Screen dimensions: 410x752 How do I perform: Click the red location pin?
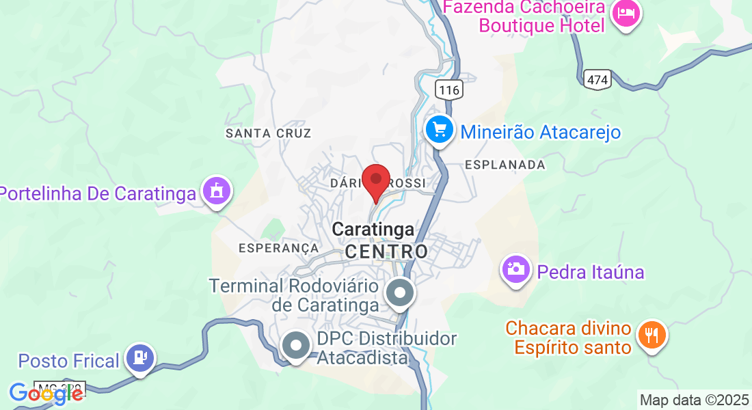click(375, 181)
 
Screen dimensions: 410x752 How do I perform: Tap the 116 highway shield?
click(448, 90)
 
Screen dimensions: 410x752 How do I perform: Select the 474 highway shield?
click(597, 79)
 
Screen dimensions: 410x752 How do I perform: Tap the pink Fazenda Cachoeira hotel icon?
click(626, 14)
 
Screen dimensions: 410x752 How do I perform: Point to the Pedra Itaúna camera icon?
click(516, 269)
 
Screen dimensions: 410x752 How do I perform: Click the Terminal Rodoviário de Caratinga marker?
click(400, 294)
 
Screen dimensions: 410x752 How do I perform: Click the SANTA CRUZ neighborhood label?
click(269, 133)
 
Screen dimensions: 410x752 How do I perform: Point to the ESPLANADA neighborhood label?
click(505, 165)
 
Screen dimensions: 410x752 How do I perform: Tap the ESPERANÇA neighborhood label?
click(279, 247)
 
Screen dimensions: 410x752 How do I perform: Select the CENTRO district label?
click(386, 251)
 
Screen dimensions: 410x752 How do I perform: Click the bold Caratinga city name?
click(373, 230)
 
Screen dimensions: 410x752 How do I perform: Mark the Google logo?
click(45, 394)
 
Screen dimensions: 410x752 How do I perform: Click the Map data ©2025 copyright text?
click(694, 400)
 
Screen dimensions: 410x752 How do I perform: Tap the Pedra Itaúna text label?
click(591, 272)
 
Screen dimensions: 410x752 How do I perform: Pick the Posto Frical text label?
click(69, 360)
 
